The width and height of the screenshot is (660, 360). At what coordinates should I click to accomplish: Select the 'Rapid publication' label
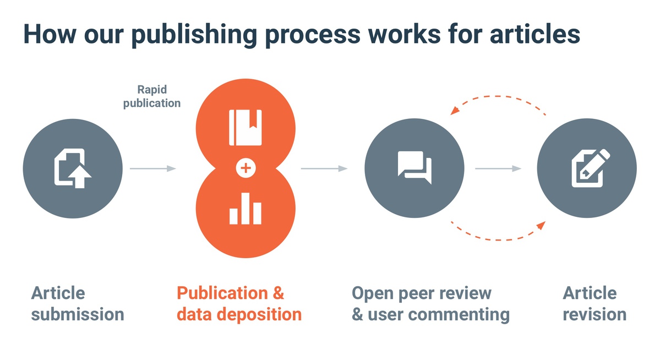[x=152, y=96]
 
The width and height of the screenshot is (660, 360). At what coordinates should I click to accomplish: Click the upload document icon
[x=72, y=168]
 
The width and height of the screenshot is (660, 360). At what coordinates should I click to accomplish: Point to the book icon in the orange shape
[x=246, y=127]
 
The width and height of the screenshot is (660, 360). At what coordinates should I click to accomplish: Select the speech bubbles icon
[x=414, y=167]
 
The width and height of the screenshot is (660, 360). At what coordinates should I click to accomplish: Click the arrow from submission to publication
[x=153, y=168]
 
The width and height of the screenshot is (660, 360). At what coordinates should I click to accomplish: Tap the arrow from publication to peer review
[x=324, y=168]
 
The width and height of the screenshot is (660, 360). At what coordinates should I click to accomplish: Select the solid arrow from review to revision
[x=498, y=168]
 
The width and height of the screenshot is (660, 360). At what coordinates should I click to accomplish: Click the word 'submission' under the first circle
[x=78, y=315]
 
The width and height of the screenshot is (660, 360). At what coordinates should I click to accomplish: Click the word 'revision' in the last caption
[x=594, y=315]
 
